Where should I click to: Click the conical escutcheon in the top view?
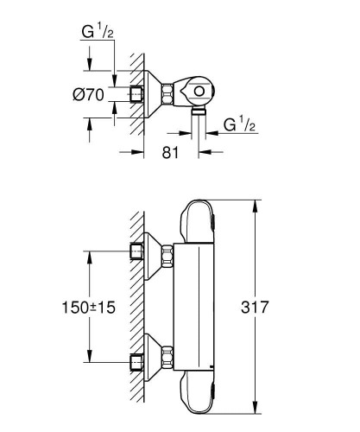[155, 95]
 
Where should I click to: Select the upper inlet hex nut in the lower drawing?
[135, 251]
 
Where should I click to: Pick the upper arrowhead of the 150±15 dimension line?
[89, 254]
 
